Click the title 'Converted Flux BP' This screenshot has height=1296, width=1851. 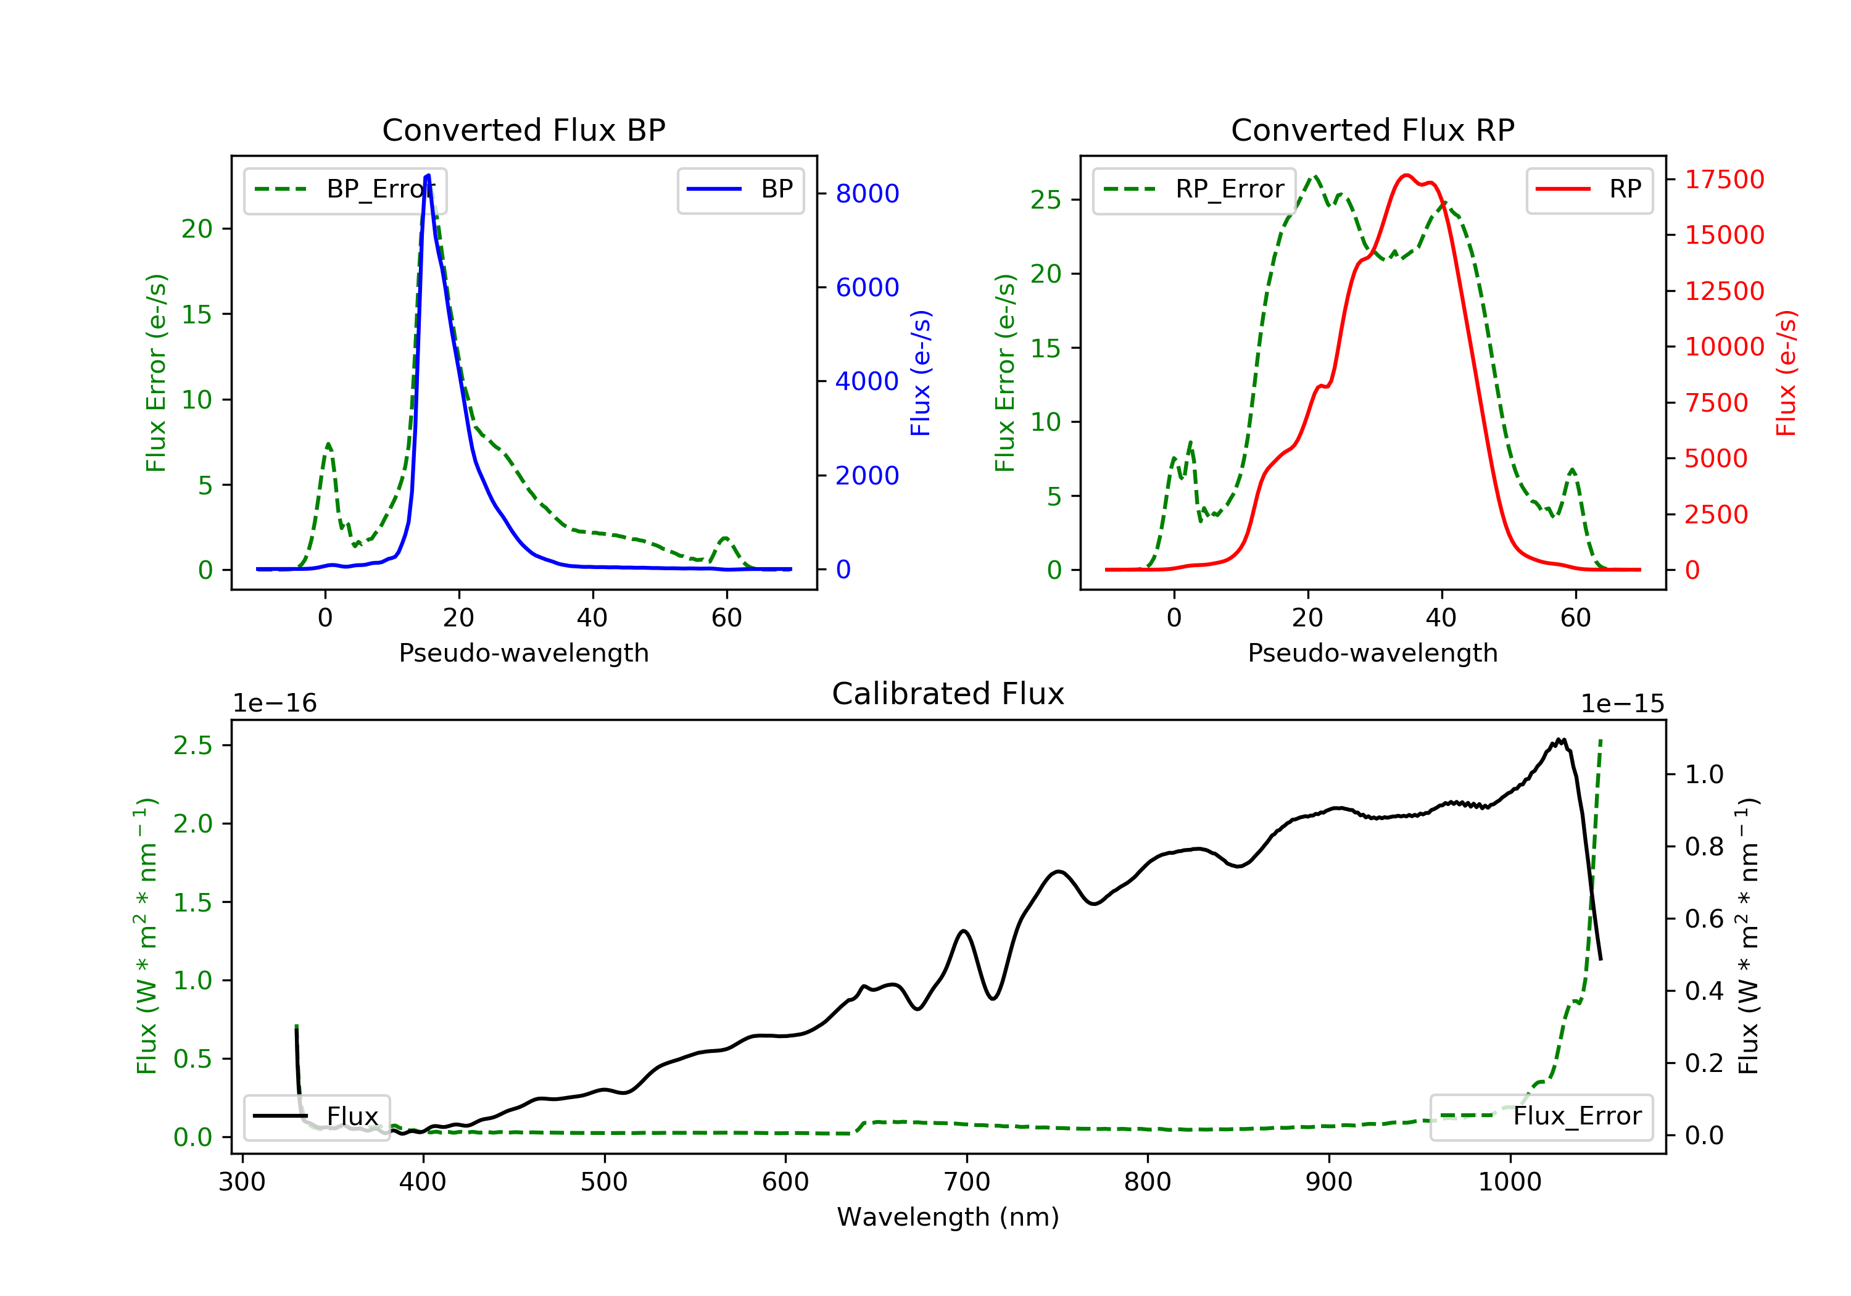pos(523,130)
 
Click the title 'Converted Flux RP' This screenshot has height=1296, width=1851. pos(1372,130)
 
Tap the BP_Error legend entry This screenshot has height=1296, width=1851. pos(344,189)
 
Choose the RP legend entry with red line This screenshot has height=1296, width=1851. pos(1589,189)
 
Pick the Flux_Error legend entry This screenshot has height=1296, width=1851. pos(1541,1116)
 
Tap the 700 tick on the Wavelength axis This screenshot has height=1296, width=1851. pos(966,1181)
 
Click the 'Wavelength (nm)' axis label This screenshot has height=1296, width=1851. pos(948,1216)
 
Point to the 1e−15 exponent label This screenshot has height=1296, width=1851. pos(1622,704)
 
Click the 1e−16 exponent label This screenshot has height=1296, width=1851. pos(275,704)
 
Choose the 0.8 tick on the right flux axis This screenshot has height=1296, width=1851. pos(1704,847)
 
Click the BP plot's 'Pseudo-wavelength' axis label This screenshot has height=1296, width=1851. pos(524,652)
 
